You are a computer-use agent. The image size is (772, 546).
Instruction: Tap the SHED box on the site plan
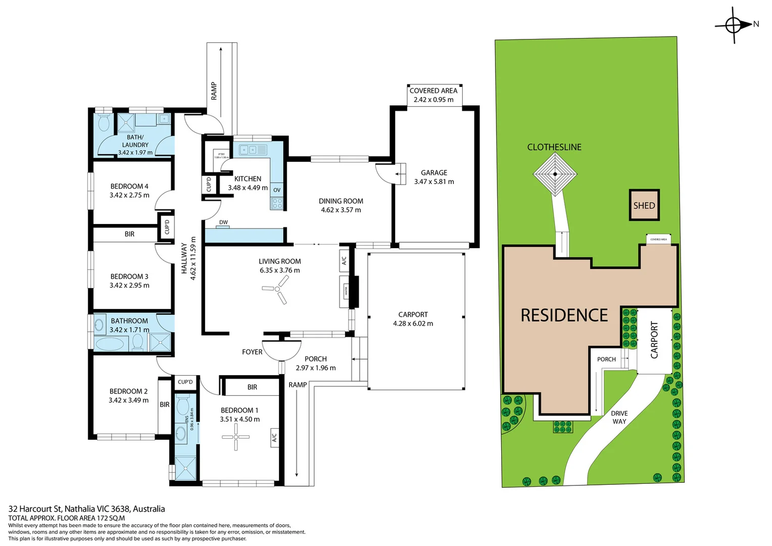click(644, 205)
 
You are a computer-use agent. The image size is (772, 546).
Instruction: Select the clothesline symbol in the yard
click(555, 174)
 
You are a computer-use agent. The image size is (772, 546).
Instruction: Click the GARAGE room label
click(434, 173)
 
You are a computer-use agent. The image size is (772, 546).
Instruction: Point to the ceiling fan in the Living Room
click(276, 293)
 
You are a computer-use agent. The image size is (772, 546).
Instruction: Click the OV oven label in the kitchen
click(277, 190)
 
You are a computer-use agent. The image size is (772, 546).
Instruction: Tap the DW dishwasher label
click(223, 222)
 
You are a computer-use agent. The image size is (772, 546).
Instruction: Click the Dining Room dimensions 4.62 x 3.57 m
click(341, 210)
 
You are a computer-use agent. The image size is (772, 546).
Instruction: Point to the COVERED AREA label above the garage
click(433, 91)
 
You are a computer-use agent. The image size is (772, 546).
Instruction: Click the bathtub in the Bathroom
click(109, 344)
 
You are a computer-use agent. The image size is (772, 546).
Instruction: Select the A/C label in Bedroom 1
click(274, 437)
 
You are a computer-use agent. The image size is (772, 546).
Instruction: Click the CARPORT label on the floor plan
click(413, 314)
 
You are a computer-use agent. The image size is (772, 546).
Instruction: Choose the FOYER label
click(252, 352)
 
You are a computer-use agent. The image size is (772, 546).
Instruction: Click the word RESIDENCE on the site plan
click(564, 315)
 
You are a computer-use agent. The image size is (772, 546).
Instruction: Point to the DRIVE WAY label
click(619, 417)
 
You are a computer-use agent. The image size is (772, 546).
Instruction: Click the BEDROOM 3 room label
click(129, 277)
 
